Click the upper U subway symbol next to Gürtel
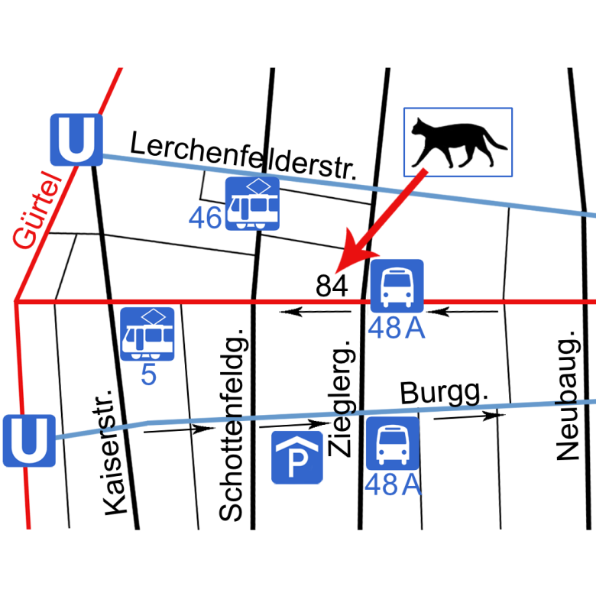click(x=76, y=140)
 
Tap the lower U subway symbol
click(x=28, y=441)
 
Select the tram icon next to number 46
click(x=252, y=204)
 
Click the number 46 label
click(x=205, y=219)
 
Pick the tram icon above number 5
click(x=147, y=334)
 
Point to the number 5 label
click(x=148, y=375)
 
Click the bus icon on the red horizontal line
click(x=397, y=285)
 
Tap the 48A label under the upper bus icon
click(x=396, y=328)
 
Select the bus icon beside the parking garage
click(x=392, y=443)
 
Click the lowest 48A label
click(x=393, y=484)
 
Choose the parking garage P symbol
click(x=297, y=457)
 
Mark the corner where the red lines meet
click(x=15, y=303)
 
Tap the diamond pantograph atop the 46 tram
click(x=263, y=186)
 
